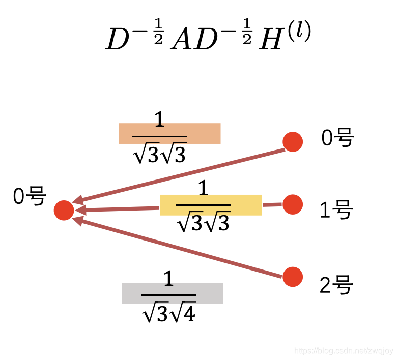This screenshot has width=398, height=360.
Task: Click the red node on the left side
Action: tap(64, 210)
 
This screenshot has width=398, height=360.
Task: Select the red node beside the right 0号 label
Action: tap(293, 141)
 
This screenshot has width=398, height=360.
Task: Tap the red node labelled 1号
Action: tap(293, 204)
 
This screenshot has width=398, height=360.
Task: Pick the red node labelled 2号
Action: tap(293, 277)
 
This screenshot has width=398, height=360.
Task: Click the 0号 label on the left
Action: tap(30, 196)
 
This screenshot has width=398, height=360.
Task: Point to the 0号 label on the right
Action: tap(337, 138)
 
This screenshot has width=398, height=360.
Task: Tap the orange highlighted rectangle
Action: tap(169, 133)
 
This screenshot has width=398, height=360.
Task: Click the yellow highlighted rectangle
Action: tap(211, 205)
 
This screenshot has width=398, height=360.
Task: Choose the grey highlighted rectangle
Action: tap(172, 293)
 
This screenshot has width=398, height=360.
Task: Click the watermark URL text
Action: tap(344, 351)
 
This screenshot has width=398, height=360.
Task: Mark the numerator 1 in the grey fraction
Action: tap(169, 280)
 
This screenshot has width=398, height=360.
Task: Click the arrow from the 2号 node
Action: tap(178, 248)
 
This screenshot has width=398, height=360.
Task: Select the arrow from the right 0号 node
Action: tap(178, 175)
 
